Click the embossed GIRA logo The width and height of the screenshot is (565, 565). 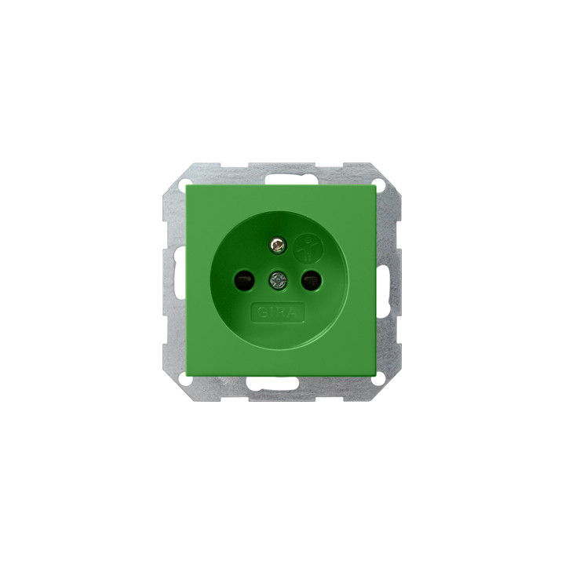278,312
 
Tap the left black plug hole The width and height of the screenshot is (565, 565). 242,281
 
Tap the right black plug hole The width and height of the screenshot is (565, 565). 310,281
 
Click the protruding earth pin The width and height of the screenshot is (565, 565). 277,246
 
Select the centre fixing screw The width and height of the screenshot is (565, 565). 277,280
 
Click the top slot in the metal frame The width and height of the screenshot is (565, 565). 283,179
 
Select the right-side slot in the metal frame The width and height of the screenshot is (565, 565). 381,281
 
